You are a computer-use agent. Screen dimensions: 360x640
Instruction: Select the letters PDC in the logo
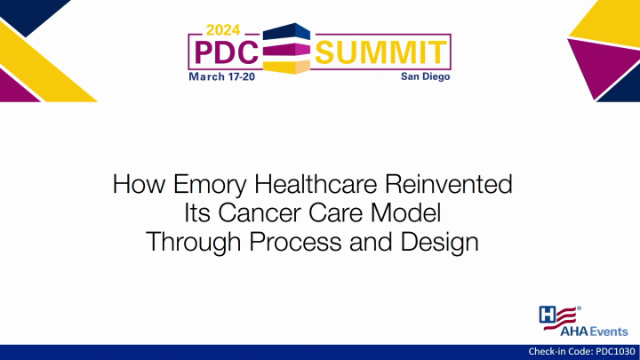[x=224, y=52]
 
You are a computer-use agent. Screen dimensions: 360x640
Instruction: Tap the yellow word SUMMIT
[x=383, y=52]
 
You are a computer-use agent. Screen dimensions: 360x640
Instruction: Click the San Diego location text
[x=427, y=77]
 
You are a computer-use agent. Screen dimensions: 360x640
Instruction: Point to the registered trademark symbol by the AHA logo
[x=580, y=308]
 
